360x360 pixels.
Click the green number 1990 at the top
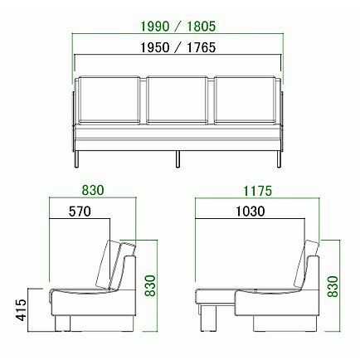155,27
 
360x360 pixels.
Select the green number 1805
202,27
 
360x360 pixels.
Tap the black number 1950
155,47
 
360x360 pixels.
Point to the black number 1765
202,47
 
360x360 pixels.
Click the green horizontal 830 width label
93,190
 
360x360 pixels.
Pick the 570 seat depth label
80,212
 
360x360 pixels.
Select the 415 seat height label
22,309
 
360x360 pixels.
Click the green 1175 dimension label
258,191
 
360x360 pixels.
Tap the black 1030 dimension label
251,212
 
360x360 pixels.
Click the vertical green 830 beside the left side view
151,286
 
